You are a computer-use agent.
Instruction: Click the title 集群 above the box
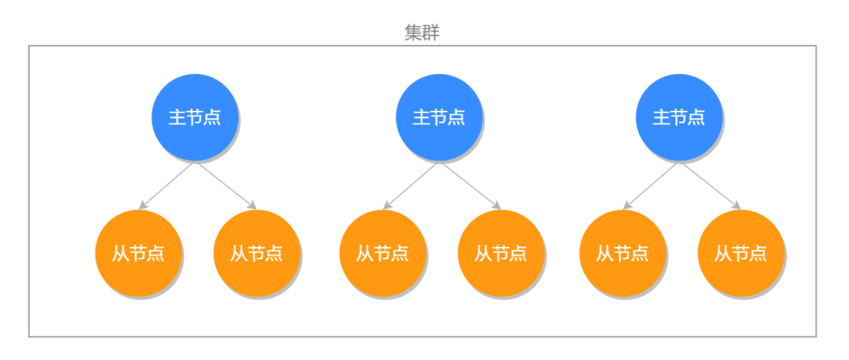pos(423,32)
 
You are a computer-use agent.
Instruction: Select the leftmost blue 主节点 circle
pos(194,117)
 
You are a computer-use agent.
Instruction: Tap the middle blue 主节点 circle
pos(439,117)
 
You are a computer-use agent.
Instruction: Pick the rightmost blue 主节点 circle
pos(678,117)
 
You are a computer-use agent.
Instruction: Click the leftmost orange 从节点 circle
pos(138,253)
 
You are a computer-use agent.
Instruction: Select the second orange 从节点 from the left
pos(256,253)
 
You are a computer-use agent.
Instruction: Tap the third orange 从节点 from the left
pos(383,253)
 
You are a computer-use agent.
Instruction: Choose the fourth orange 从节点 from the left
pos(501,253)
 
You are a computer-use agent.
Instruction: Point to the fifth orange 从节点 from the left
pos(623,253)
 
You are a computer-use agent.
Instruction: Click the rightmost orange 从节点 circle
pos(741,253)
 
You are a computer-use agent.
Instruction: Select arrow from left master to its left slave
pos(167,186)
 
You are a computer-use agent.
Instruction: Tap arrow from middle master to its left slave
pos(410,186)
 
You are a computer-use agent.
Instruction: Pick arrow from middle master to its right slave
pos(470,186)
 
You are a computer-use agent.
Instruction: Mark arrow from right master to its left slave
pos(650,186)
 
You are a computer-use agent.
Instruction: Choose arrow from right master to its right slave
pos(710,186)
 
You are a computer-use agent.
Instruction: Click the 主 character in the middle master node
pos(421,117)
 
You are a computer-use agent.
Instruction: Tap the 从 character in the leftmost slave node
pos(121,254)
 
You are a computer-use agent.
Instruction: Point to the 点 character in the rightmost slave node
pos(758,254)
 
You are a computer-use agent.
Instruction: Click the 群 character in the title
pos(432,32)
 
